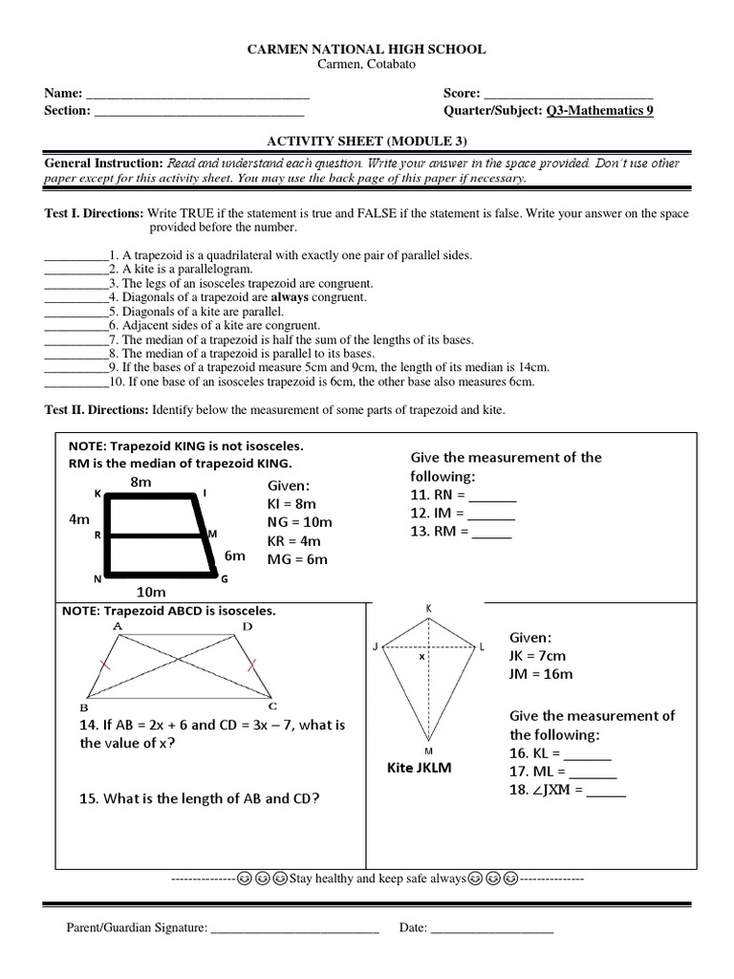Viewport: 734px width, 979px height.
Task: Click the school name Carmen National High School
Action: pos(366,49)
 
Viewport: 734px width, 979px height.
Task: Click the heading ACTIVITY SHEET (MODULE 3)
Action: pos(366,141)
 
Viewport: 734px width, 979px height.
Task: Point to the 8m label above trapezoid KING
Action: pos(140,484)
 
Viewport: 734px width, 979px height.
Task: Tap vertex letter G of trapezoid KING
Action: pos(225,579)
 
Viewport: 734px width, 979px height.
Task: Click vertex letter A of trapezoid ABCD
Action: pos(119,626)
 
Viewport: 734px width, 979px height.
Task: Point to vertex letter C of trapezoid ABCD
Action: pos(272,706)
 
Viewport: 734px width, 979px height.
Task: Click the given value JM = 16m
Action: pos(541,675)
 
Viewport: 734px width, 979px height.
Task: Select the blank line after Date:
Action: pos(492,928)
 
